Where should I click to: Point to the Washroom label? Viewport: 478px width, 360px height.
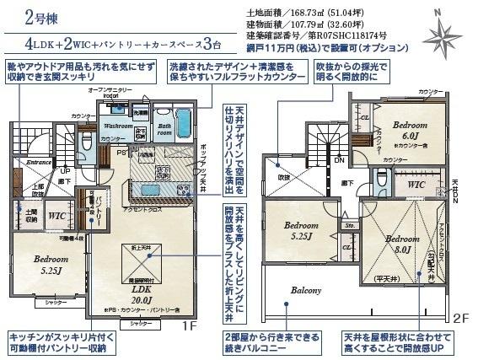pyautogui.click(x=118, y=126)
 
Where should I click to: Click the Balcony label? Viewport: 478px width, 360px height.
pyautogui.click(x=307, y=290)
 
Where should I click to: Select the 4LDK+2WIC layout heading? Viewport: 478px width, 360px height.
pyautogui.click(x=116, y=42)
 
